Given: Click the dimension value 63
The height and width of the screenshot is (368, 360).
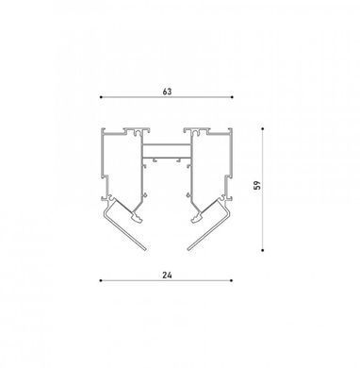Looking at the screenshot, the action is click(x=167, y=92).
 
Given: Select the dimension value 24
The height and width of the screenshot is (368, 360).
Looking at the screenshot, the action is click(x=167, y=275).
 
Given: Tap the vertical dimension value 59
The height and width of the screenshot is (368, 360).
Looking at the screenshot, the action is click(x=257, y=185).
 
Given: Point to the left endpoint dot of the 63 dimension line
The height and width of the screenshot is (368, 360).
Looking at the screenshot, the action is click(x=101, y=97).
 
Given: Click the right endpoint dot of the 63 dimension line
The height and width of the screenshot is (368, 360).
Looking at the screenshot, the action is click(x=232, y=97).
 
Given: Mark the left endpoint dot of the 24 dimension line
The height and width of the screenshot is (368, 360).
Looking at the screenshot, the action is click(x=101, y=280).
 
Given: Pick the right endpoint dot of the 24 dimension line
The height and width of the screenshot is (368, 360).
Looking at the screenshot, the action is click(x=232, y=280).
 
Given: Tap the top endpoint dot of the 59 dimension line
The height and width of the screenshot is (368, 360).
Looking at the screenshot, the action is click(x=262, y=128).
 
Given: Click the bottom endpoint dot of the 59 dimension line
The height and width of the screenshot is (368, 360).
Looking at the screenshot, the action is click(x=262, y=250).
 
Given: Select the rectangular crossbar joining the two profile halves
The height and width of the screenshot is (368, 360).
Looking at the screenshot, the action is click(x=167, y=151).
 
